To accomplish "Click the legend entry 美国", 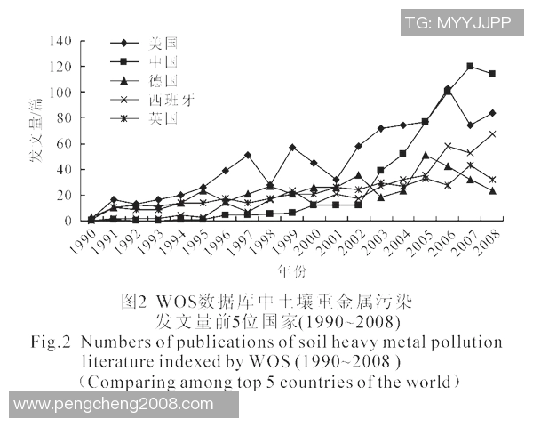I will pos(165,42).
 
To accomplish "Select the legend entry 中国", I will pos(165,61).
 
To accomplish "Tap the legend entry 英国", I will pos(165,117).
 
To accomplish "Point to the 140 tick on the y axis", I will pos(60,41).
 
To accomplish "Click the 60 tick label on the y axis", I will pos(63,143).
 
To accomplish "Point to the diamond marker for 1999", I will pos(292,147).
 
